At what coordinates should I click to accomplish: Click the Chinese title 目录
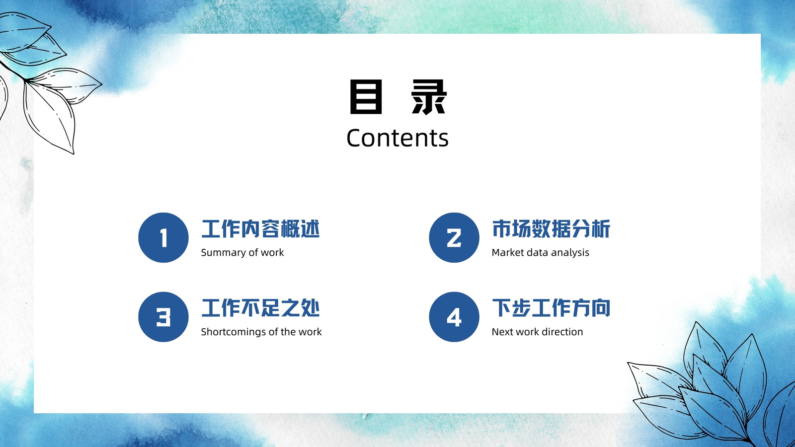[x=398, y=96]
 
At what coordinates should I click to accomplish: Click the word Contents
[x=397, y=138]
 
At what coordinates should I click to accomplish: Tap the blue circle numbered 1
[x=163, y=237]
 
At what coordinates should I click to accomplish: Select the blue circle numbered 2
[x=454, y=237]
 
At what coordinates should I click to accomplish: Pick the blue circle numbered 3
[x=163, y=317]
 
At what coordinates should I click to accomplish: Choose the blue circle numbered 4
[x=454, y=317]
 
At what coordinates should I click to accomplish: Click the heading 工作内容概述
[x=260, y=229]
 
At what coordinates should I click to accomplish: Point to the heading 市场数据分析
[x=551, y=229]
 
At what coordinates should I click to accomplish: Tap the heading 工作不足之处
[x=260, y=308]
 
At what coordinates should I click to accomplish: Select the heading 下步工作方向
[x=551, y=308]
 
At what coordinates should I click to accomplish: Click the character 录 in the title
[x=429, y=97]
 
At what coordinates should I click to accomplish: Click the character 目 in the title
[x=366, y=96]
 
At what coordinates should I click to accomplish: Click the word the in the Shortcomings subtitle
[x=288, y=332]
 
